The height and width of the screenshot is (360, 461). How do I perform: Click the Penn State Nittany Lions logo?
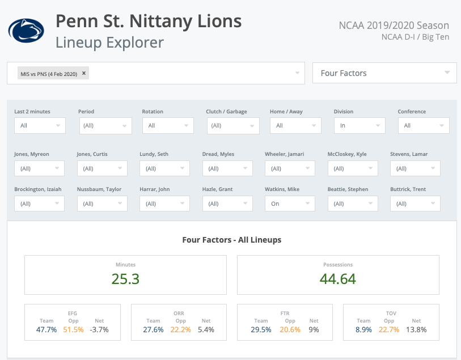point(26,31)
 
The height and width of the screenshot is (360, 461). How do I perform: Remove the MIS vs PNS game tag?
point(84,73)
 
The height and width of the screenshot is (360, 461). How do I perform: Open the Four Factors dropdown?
point(384,73)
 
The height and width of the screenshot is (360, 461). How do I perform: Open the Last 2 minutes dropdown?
point(40,126)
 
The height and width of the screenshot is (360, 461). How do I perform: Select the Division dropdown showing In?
point(359,126)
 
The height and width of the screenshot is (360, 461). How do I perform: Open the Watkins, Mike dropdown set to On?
point(290,204)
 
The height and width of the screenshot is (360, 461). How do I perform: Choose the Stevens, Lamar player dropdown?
point(415,168)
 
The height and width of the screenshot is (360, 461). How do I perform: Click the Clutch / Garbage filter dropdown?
point(232,126)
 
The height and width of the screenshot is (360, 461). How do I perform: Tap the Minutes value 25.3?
point(125,279)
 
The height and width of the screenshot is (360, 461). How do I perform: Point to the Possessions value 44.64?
point(338,279)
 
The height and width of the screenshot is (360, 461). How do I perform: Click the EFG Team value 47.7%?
point(46,329)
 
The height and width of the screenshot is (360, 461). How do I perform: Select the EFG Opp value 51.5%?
point(73,329)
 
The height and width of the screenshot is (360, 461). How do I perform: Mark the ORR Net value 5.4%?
point(206,329)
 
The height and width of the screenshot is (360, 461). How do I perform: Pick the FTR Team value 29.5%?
point(261,329)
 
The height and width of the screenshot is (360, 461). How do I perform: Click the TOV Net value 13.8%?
point(416,329)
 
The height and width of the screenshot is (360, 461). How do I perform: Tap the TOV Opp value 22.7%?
point(389,329)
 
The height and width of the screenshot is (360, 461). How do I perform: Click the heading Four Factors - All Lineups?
point(231,240)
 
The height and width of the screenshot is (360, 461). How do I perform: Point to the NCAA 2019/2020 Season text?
point(394,26)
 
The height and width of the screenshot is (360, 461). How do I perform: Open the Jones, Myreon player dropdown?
point(40,168)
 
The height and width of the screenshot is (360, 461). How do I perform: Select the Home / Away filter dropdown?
point(295,126)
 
